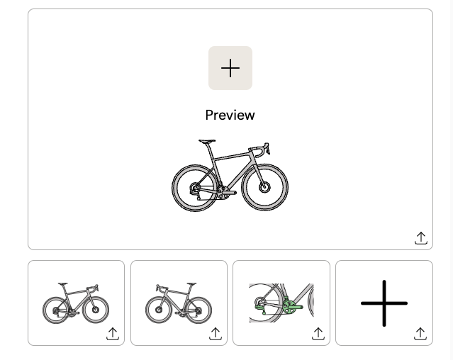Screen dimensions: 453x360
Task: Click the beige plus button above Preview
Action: (230, 68)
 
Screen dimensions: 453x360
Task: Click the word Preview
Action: (230, 116)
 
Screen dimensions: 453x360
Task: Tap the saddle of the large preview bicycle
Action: (207, 141)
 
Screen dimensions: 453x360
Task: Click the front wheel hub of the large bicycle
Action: (264, 187)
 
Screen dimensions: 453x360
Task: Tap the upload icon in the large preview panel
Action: (421, 238)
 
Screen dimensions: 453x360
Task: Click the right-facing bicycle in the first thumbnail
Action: (76, 303)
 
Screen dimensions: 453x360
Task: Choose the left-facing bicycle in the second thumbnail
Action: (179, 303)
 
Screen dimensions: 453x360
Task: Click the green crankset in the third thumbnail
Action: (292, 305)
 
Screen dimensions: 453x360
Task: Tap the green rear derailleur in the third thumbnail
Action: (261, 307)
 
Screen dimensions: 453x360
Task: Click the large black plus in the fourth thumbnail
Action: (384, 303)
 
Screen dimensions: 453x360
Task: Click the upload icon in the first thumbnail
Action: (113, 334)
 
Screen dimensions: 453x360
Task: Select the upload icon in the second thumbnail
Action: (216, 334)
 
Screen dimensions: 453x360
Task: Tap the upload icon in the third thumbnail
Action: (318, 334)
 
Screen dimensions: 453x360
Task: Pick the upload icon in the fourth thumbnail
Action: (420, 334)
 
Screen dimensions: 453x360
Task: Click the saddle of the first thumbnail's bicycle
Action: (62, 283)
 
